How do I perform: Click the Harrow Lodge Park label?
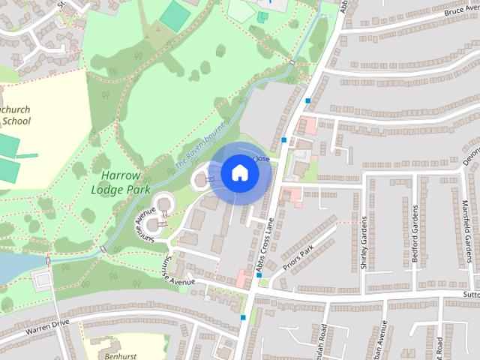115,181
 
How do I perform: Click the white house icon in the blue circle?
239,173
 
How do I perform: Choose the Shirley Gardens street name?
364,242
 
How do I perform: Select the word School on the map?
16,120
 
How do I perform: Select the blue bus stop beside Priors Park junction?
259,275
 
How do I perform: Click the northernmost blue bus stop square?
307,100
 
